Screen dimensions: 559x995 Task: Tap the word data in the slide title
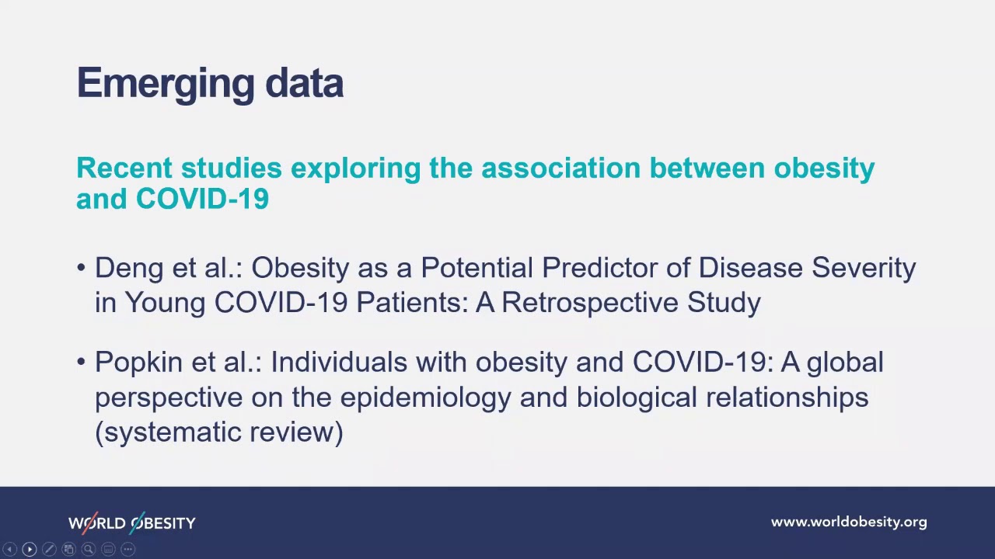click(x=304, y=83)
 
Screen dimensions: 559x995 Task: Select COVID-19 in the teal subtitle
click(x=202, y=199)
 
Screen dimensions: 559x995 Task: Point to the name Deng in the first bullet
click(x=129, y=268)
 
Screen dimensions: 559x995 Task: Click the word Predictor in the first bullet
click(x=599, y=268)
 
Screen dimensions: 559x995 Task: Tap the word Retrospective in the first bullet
click(x=590, y=302)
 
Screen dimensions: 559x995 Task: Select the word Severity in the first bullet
click(x=864, y=268)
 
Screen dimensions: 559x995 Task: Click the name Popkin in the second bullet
click(x=138, y=362)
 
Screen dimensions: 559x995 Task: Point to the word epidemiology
click(x=426, y=397)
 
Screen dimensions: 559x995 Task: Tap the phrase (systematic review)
click(x=219, y=432)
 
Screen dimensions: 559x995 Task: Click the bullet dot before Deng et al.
click(x=82, y=268)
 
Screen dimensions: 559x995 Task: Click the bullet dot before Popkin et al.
click(x=82, y=362)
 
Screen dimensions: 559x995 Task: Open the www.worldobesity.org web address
click(x=849, y=523)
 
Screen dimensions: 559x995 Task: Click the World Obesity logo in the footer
click(x=132, y=523)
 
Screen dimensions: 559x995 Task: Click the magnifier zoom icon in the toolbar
click(x=89, y=550)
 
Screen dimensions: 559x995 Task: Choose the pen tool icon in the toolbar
click(x=49, y=550)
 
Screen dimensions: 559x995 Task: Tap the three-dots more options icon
click(x=128, y=550)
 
